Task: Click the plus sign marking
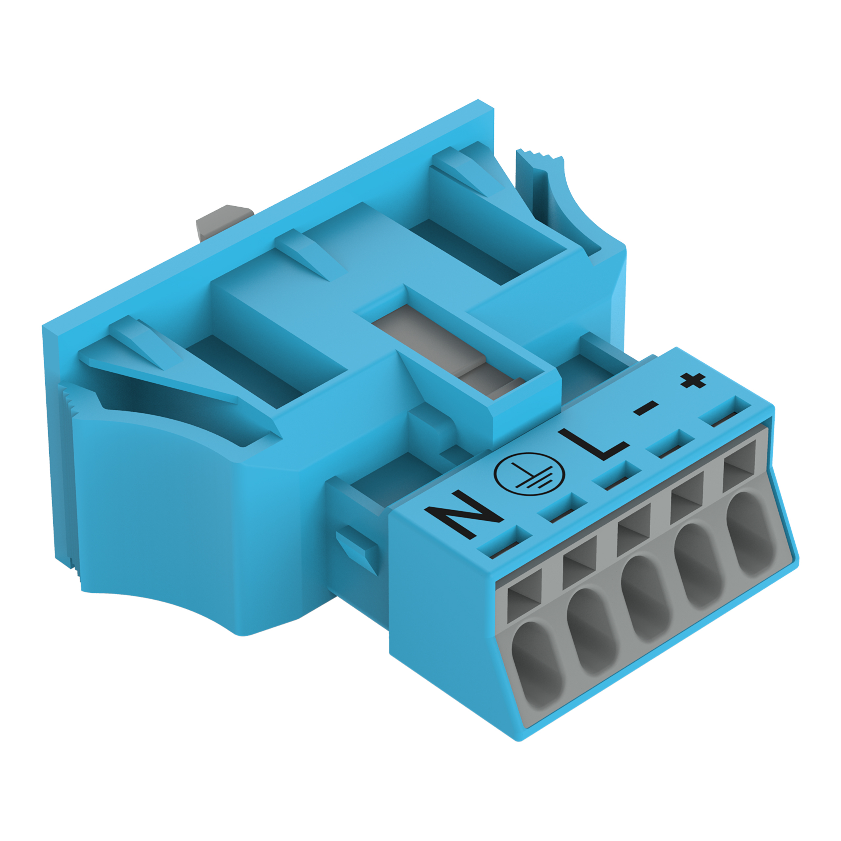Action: click(x=694, y=381)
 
